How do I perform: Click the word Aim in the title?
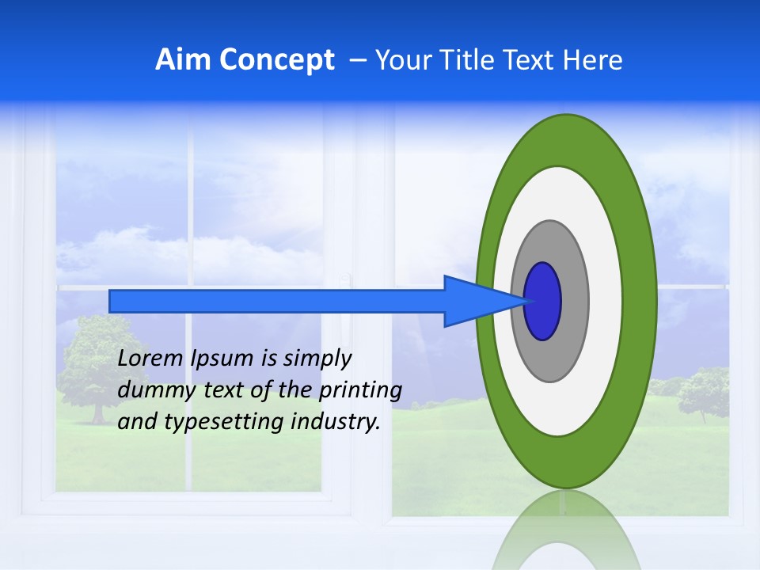(x=183, y=60)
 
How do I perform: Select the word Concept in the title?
(x=277, y=60)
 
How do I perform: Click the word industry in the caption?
(x=336, y=422)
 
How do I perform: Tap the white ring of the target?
(x=605, y=302)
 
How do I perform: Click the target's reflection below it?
(x=566, y=530)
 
